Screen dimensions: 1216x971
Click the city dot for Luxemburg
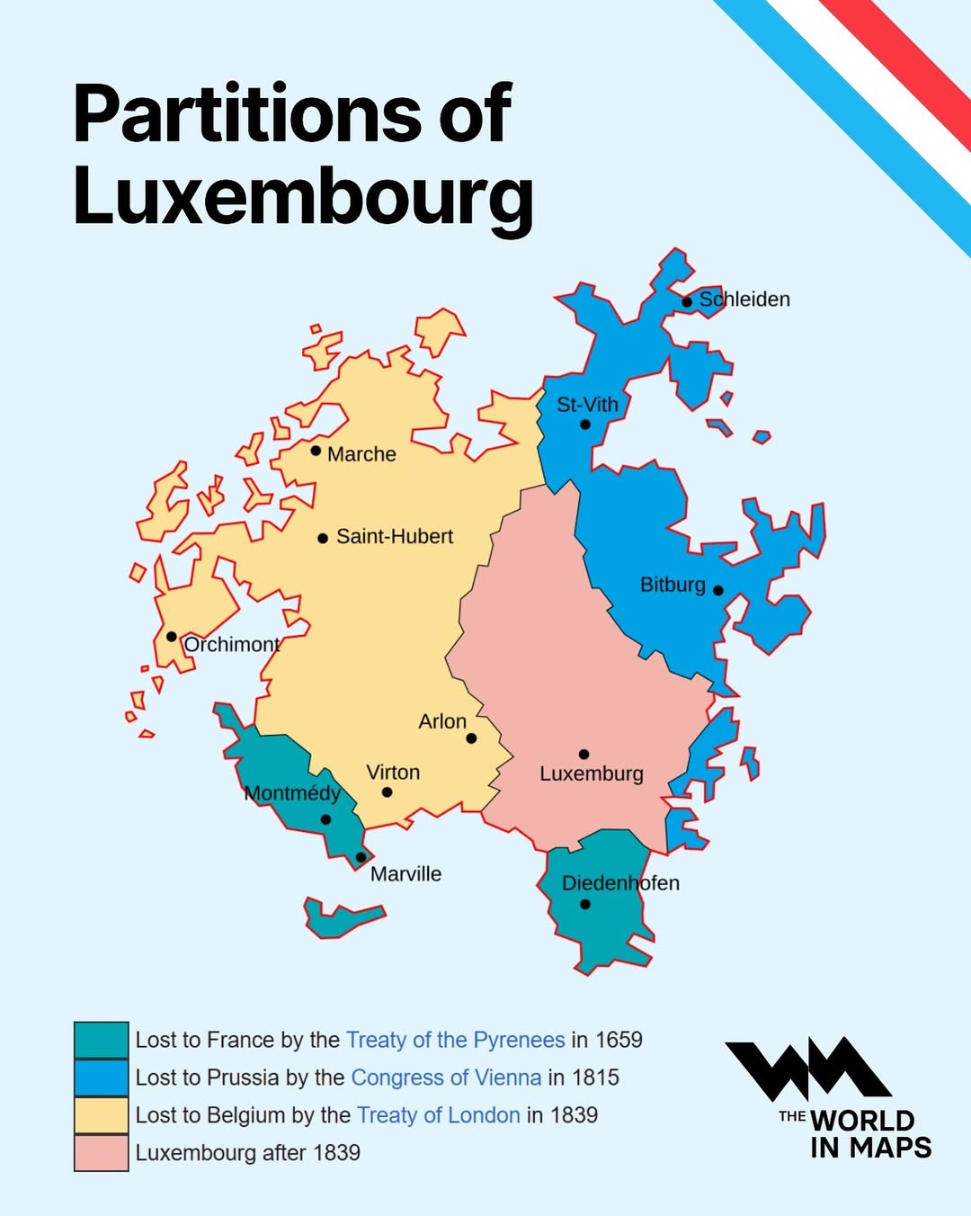[x=583, y=754]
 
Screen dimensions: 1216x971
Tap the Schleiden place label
[x=744, y=300]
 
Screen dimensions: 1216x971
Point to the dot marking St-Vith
[x=585, y=425]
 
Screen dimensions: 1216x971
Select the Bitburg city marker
[x=717, y=591]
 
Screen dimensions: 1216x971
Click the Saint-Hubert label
[x=394, y=537]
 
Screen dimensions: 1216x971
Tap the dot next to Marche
[x=316, y=451]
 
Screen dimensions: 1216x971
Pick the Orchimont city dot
[x=172, y=637]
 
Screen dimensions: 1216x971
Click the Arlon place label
[x=442, y=721]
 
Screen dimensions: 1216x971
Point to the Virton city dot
[x=387, y=792]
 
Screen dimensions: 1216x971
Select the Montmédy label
[x=292, y=793]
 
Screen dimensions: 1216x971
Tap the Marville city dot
[x=361, y=857]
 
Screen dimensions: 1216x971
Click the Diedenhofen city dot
[x=585, y=905]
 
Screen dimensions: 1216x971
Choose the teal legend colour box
[x=101, y=1040]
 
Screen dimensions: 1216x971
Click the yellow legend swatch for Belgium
[x=101, y=1115]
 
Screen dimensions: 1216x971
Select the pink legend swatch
[x=101, y=1153]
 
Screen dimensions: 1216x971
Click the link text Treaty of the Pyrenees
[x=455, y=1040]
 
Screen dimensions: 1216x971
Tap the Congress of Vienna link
[x=446, y=1077]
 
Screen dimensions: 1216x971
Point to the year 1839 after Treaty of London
[x=574, y=1115]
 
